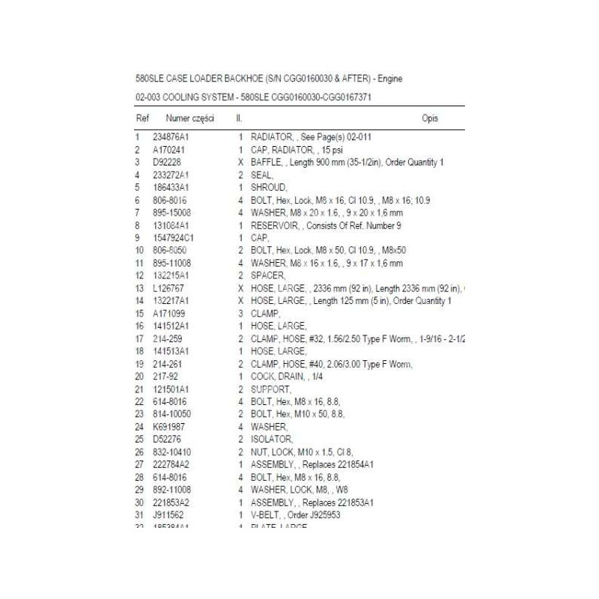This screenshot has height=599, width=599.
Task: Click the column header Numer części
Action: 190,118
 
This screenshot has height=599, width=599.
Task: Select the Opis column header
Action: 430,118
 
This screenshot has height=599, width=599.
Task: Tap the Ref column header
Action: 142,118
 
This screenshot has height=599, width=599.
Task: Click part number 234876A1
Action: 172,138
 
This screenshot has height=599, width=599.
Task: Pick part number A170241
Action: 168,150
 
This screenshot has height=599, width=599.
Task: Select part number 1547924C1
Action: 174,237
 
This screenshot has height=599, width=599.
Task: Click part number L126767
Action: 168,288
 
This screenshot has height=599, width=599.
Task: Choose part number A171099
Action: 168,313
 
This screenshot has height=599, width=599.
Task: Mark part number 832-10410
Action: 171,451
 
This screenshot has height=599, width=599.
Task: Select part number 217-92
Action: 165,376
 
